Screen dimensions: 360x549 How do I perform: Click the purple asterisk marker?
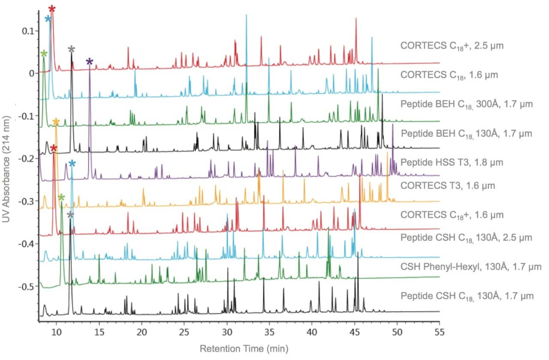click(x=89, y=62)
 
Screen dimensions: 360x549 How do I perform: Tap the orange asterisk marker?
click(x=56, y=122)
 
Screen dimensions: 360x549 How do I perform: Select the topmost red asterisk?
click(x=52, y=9)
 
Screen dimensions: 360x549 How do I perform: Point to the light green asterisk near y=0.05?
click(x=44, y=54)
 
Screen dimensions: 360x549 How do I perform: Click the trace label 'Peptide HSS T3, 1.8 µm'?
click(x=452, y=162)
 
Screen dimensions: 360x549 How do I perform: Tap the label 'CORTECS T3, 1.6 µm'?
click(x=448, y=186)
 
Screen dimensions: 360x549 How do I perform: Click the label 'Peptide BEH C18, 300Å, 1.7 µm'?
click(x=467, y=104)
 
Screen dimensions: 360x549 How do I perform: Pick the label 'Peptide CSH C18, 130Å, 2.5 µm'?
click(x=466, y=237)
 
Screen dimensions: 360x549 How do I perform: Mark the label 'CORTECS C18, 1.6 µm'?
click(x=449, y=75)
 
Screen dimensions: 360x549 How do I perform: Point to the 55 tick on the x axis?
click(x=439, y=333)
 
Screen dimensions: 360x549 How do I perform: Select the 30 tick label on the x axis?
click(x=227, y=333)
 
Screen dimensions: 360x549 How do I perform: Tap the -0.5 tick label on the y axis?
click(x=27, y=286)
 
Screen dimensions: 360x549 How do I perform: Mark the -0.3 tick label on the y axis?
click(x=27, y=201)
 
